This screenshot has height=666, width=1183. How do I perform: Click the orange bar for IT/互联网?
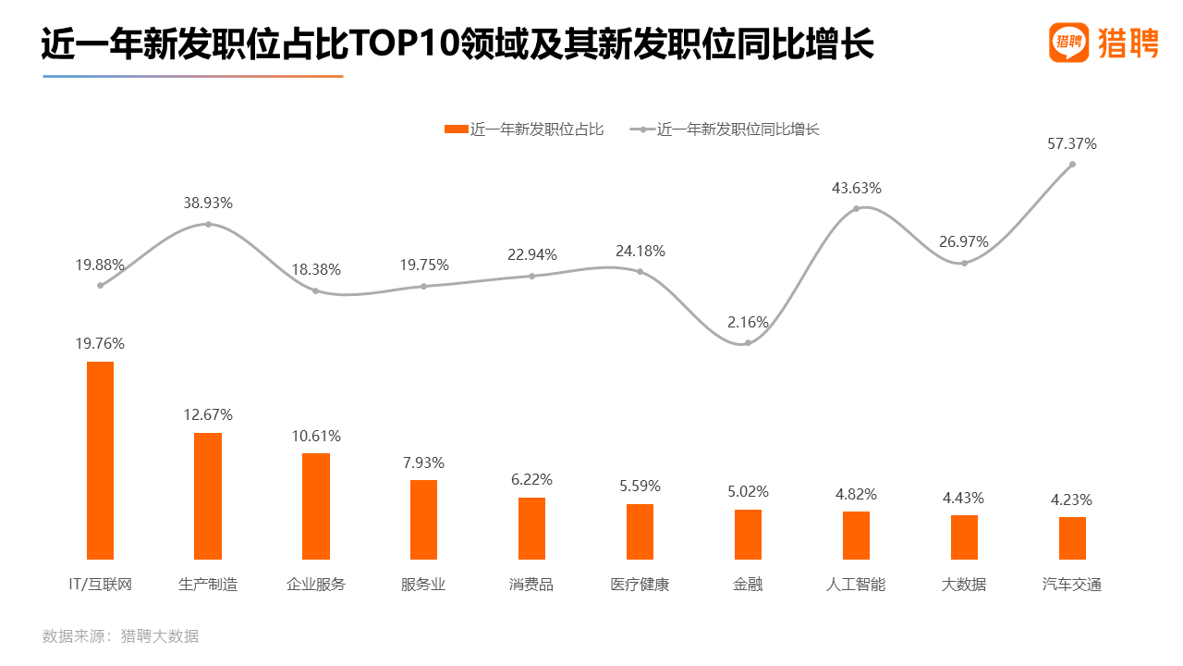click(100, 461)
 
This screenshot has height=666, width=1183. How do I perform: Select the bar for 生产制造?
click(208, 496)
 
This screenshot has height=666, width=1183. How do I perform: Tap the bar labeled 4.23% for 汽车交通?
click(1072, 538)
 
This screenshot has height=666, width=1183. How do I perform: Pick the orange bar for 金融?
click(748, 535)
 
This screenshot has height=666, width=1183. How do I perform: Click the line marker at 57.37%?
click(1072, 165)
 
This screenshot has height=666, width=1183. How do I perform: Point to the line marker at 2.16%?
click(748, 343)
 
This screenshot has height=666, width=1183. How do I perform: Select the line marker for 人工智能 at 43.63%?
click(856, 208)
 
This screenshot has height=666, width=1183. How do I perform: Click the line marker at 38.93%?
click(208, 224)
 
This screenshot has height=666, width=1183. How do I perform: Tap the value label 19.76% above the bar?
click(100, 344)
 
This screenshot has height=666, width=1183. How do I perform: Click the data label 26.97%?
click(964, 242)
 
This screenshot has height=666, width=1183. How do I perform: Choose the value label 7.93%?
click(423, 462)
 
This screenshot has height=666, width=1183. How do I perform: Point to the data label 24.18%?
click(640, 252)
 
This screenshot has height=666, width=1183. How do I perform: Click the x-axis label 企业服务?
click(316, 585)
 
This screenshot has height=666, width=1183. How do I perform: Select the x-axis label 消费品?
click(531, 585)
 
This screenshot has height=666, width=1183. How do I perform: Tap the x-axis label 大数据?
click(964, 585)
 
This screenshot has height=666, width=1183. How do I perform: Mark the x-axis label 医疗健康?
click(640, 585)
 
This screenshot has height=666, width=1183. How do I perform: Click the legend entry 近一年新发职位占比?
click(525, 129)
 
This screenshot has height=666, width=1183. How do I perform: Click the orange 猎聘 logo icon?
click(1069, 43)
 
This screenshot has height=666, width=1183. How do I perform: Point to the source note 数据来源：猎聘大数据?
click(121, 636)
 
